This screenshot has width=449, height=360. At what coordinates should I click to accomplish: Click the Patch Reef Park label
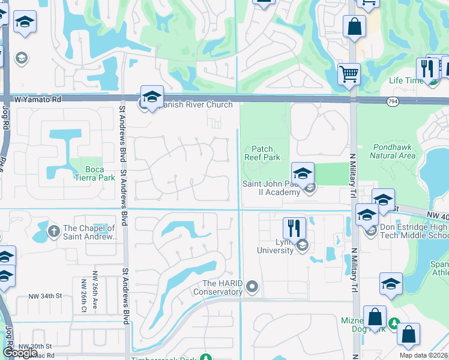pyautogui.click(x=262, y=153)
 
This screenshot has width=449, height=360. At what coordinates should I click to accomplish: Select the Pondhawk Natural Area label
pyautogui.click(x=393, y=151)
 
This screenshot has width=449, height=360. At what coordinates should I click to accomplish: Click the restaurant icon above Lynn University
pyautogui.click(x=294, y=228)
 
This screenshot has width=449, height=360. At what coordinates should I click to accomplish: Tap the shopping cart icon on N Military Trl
pyautogui.click(x=349, y=75)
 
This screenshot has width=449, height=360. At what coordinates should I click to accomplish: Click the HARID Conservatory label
pyautogui.click(x=217, y=287)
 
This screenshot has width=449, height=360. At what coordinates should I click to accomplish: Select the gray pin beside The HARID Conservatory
pyautogui.click(x=253, y=287)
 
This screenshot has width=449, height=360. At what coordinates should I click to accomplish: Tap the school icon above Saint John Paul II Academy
pyautogui.click(x=303, y=173)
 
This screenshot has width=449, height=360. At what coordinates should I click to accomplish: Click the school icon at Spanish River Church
pyautogui.click(x=152, y=97)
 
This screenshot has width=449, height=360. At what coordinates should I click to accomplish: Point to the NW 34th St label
pyautogui.click(x=45, y=296)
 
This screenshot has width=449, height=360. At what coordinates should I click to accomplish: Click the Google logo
pyautogui.click(x=19, y=353)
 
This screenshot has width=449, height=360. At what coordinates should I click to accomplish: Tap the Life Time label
pyautogui.click(x=404, y=80)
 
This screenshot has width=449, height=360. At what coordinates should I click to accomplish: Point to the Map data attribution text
pyautogui.click(x=423, y=355)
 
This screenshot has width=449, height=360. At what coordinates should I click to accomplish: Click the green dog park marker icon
pyautogui.click(x=394, y=324)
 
